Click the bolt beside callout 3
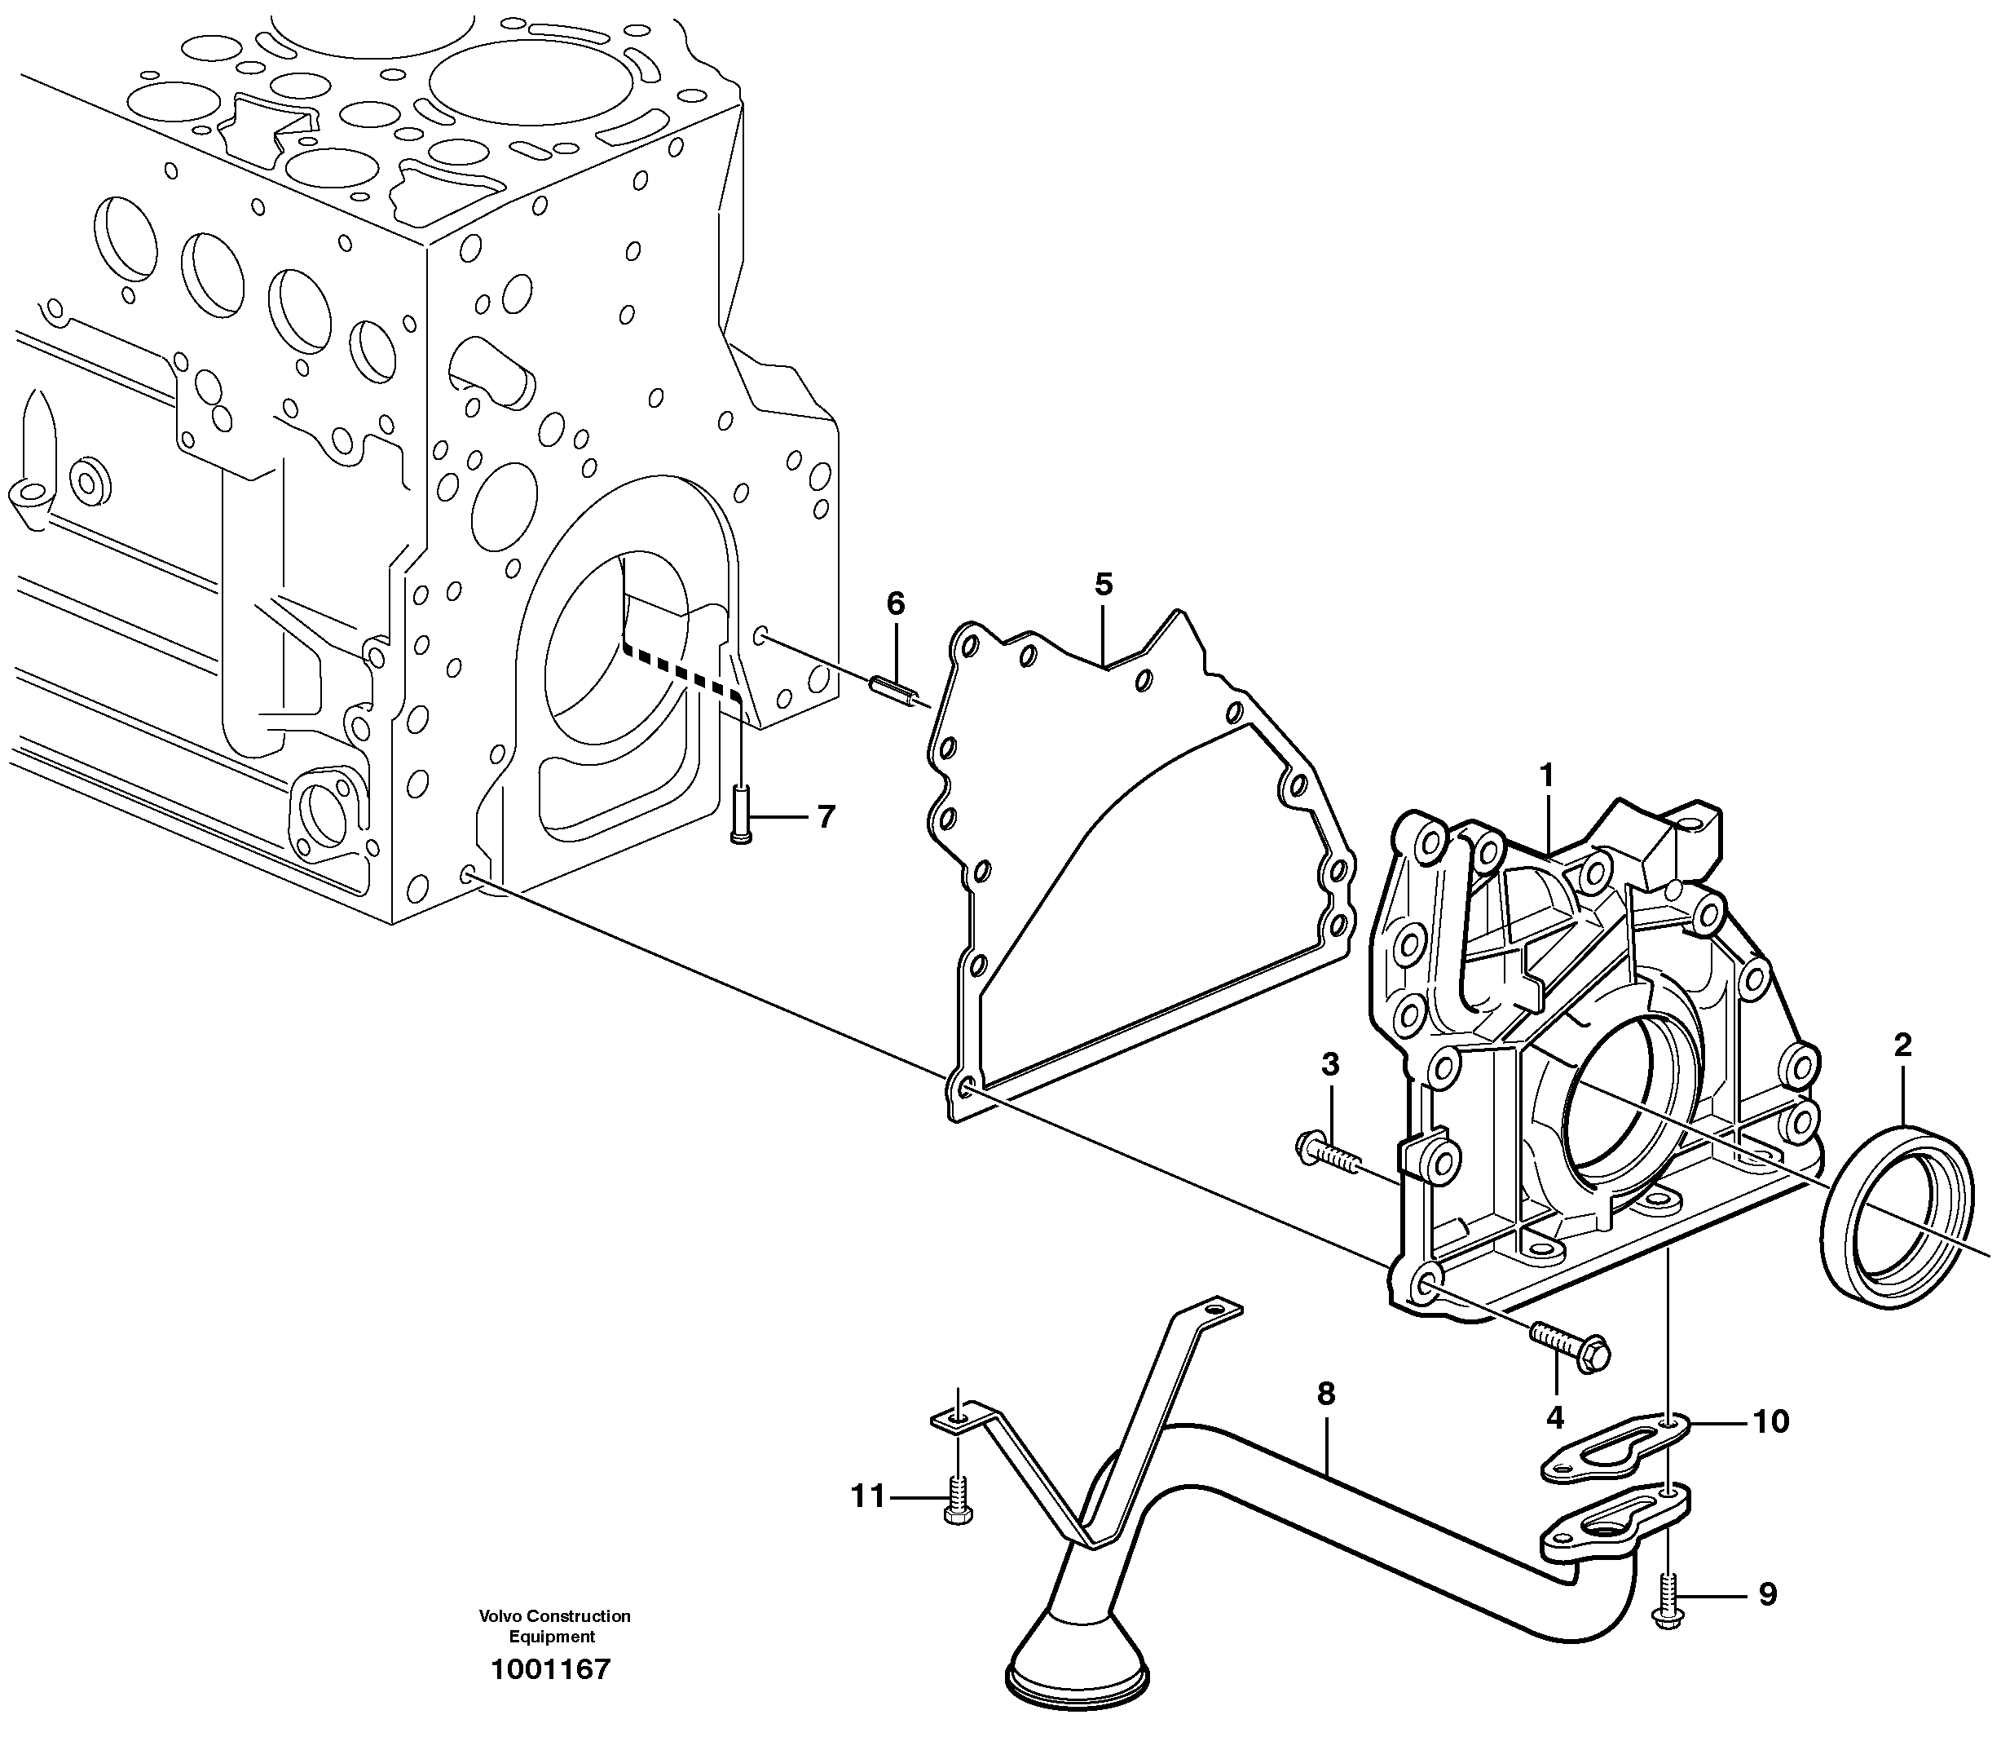coord(1328,1152)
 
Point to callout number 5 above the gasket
coord(1103,585)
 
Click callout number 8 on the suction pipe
coord(1325,1394)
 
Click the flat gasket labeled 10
coord(1612,1453)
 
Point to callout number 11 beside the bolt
coord(866,1496)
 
